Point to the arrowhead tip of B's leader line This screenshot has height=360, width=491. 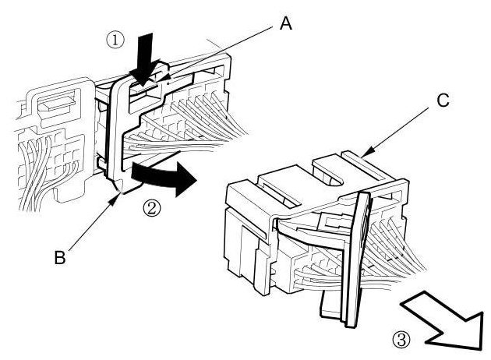pos(118,197)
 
